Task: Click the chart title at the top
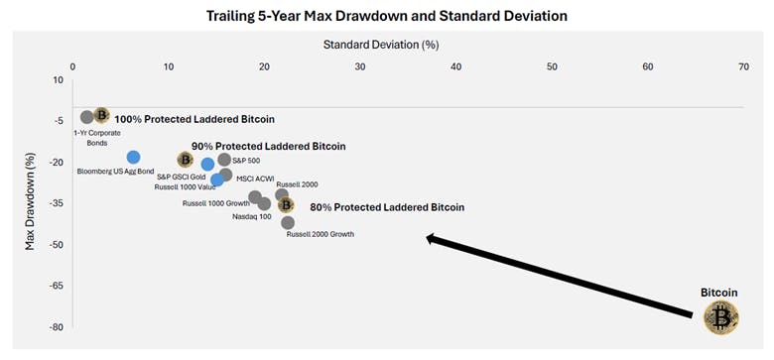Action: pyautogui.click(x=386, y=17)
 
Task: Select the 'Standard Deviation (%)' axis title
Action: pyautogui.click(x=381, y=45)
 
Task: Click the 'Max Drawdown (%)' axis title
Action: pyautogui.click(x=31, y=201)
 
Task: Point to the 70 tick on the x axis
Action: pyautogui.click(x=743, y=66)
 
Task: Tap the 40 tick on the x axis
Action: pyautogui.click(x=456, y=66)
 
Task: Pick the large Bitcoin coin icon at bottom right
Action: pyautogui.click(x=721, y=317)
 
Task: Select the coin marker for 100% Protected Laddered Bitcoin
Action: pyautogui.click(x=101, y=116)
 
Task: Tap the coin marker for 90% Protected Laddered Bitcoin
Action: pyautogui.click(x=185, y=159)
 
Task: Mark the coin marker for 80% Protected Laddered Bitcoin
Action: pyautogui.click(x=286, y=205)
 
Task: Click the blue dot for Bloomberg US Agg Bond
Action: pyautogui.click(x=133, y=157)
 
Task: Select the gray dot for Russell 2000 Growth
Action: pyautogui.click(x=288, y=222)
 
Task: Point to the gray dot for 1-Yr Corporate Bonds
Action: pyautogui.click(x=87, y=117)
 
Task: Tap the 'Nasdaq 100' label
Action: pyautogui.click(x=251, y=216)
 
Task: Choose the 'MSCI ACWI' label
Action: pyautogui.click(x=255, y=179)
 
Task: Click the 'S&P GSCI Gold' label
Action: pyautogui.click(x=182, y=177)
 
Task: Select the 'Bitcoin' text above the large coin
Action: pyautogui.click(x=719, y=293)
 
